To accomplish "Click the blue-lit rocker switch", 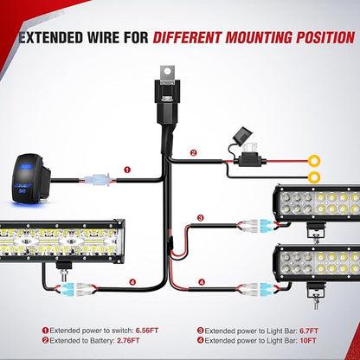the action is click(x=31, y=179).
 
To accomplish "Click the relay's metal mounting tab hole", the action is click(x=168, y=71).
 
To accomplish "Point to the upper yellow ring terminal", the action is click(x=314, y=161).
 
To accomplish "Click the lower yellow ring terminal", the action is click(x=314, y=177).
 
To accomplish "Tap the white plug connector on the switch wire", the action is click(x=98, y=181).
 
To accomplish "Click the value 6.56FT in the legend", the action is click(x=147, y=331).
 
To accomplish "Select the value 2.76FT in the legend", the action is click(x=128, y=341).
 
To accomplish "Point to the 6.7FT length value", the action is click(x=309, y=331).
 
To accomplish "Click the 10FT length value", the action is click(x=308, y=341).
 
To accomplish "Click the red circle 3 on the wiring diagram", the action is click(x=201, y=218).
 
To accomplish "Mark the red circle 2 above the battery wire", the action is click(x=193, y=153).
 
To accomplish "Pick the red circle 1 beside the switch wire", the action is click(x=127, y=170).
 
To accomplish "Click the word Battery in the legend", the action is click(x=102, y=341).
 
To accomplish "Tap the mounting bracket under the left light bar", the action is click(x=65, y=269).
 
